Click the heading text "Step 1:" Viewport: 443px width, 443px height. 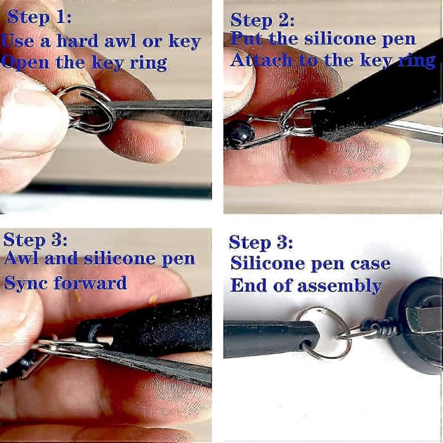click(40, 17)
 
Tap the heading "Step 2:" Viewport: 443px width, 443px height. click(262, 21)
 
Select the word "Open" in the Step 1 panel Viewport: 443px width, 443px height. click(25, 63)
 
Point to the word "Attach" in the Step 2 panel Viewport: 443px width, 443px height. click(261, 60)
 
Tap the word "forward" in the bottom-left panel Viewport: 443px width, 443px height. click(90, 283)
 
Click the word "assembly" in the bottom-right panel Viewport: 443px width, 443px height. click(340, 286)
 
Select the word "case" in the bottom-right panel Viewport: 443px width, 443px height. click(371, 264)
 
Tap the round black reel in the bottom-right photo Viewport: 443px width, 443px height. click(414, 325)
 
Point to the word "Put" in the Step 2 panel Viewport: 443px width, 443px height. click(248, 38)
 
